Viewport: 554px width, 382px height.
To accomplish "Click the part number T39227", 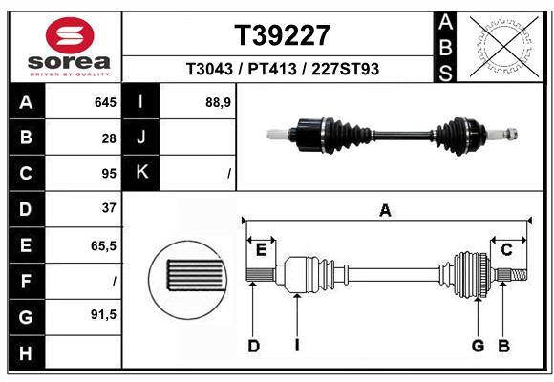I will click(282, 35).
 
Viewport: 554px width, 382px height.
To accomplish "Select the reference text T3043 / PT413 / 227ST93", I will click(282, 69).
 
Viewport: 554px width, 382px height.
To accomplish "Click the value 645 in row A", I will click(104, 102).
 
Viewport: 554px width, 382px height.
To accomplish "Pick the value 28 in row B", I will click(109, 138).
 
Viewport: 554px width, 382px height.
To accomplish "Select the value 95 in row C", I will click(108, 173).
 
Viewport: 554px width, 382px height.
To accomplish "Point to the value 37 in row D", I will click(108, 207).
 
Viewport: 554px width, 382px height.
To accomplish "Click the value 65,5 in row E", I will click(103, 245).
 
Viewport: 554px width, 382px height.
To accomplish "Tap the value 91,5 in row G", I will click(103, 313).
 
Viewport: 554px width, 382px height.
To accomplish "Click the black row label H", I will click(26, 351).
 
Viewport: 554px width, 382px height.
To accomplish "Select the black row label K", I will click(141, 173).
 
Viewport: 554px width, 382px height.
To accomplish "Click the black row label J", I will click(141, 138).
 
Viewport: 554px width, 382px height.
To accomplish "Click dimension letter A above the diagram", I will click(385, 210).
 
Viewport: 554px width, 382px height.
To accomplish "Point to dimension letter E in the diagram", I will click(261, 249).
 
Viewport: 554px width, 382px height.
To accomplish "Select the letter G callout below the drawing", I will click(478, 346).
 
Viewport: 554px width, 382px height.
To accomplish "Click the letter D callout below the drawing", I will click(253, 346).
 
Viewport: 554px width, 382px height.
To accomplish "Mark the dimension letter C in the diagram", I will click(507, 249).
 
